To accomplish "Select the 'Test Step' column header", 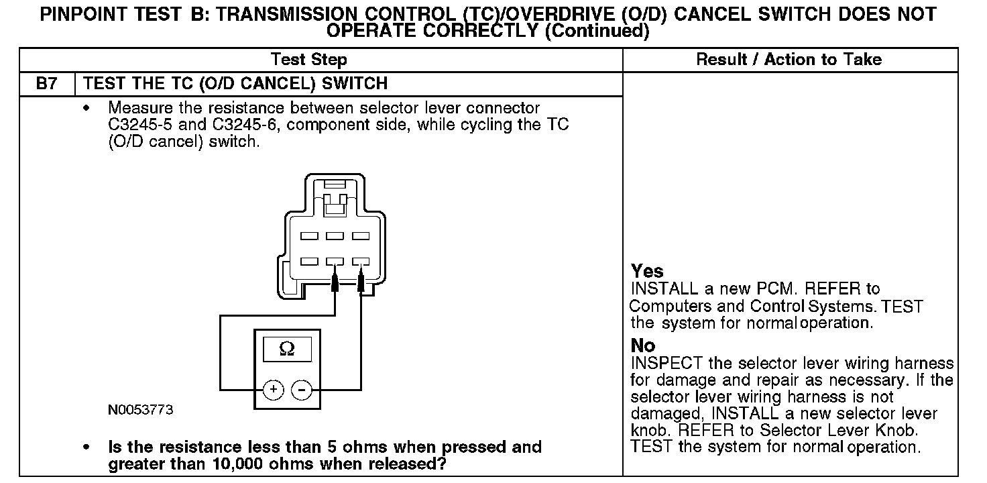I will [x=309, y=60].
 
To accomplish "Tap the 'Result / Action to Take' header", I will [x=789, y=60].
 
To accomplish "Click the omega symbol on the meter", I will [x=286, y=350].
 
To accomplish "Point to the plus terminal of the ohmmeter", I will [x=273, y=389].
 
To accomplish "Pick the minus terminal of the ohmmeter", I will [x=302, y=389].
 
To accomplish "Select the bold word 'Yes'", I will [x=647, y=272].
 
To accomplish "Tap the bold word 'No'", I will [x=643, y=346].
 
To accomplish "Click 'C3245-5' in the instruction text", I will [x=139, y=125].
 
